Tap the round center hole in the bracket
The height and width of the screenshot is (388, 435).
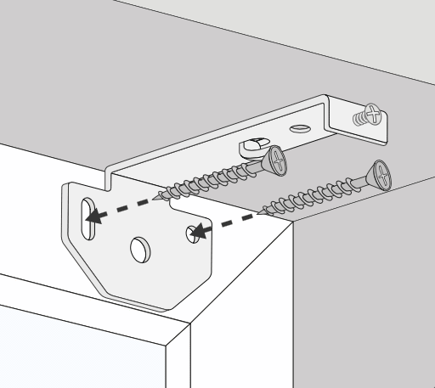(x=138, y=249)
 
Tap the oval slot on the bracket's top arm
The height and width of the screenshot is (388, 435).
(x=300, y=128)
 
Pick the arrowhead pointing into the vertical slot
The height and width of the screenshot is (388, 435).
(x=96, y=216)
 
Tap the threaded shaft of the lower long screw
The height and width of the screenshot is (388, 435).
(x=314, y=194)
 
